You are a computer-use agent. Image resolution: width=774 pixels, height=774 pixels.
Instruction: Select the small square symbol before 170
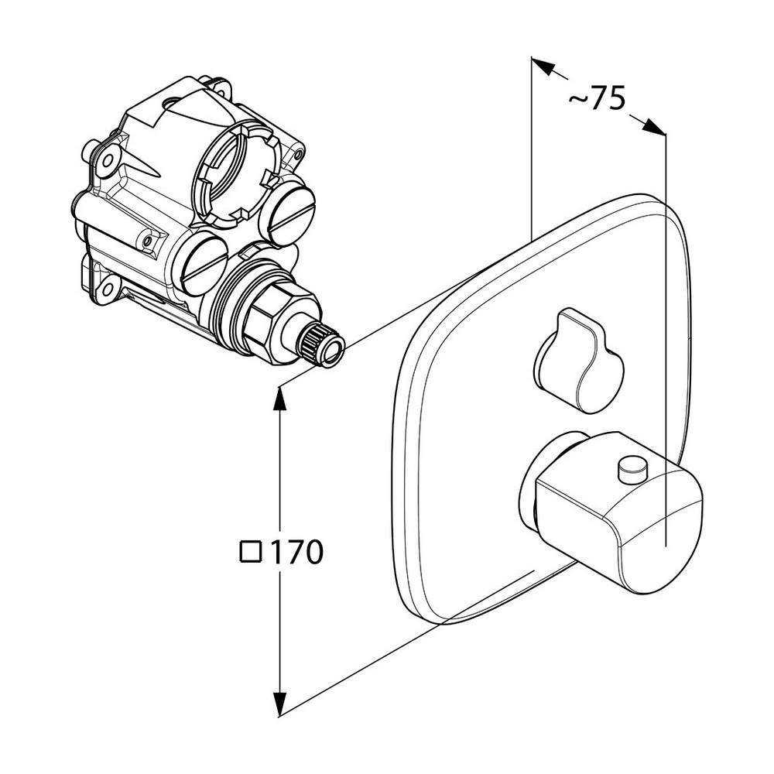tap(251, 553)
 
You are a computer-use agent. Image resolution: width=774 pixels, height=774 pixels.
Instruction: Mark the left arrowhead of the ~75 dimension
tap(543, 67)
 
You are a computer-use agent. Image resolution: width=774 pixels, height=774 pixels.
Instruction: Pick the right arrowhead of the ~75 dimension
tap(653, 126)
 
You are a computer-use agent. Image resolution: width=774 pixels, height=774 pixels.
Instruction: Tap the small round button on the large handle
tap(632, 468)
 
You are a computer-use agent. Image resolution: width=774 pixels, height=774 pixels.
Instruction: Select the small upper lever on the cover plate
tap(578, 361)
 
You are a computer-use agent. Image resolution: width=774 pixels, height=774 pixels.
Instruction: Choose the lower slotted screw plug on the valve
tap(204, 262)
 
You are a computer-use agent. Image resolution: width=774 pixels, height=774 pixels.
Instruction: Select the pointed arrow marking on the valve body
tap(143, 166)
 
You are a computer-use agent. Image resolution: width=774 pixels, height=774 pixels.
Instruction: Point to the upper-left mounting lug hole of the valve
tap(107, 162)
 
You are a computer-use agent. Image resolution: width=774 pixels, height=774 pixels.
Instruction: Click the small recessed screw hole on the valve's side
tap(146, 241)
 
